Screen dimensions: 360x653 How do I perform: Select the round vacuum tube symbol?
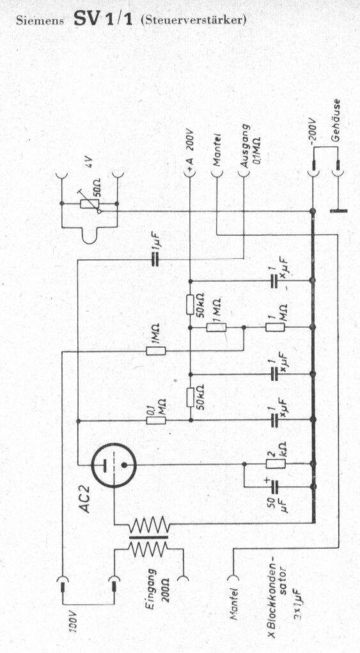point(114,465)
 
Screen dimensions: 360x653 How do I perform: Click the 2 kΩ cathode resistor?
point(276,464)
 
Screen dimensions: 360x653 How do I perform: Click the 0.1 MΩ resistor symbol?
point(156,420)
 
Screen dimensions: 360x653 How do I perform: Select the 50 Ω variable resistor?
point(90,204)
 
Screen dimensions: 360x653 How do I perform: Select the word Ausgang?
point(245,146)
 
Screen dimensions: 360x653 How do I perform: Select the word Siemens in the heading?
point(40,21)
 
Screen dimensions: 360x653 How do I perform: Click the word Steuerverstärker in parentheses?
point(194,20)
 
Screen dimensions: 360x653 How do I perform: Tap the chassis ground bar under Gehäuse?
point(338,211)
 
